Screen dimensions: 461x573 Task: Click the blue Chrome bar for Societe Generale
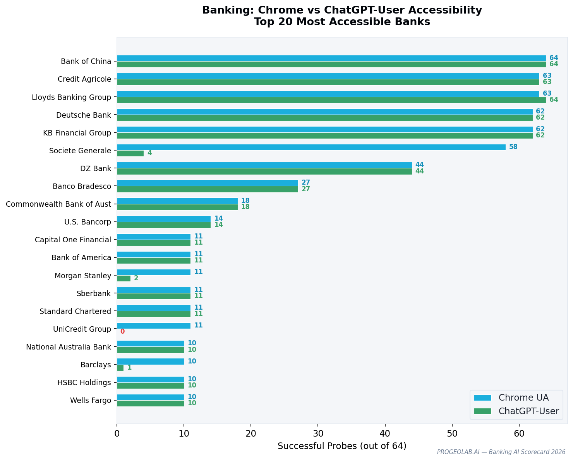[311, 147]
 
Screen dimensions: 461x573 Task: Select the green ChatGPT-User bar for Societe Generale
[130, 153]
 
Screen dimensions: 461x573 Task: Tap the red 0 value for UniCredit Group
[122, 332]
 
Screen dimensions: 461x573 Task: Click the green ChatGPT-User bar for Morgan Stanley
[124, 278]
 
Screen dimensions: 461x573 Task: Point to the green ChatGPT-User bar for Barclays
[120, 368]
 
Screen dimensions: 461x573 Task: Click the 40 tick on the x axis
[385, 434]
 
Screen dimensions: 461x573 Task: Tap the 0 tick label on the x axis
[117, 434]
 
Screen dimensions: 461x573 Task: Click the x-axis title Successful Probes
[342, 446]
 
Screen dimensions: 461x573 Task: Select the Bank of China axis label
[86, 61]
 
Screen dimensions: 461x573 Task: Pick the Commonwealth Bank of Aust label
[58, 204]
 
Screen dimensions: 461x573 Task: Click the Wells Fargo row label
[91, 400]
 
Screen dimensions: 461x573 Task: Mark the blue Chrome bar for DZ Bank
[264, 165]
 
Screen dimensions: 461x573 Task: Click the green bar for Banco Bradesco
[207, 189]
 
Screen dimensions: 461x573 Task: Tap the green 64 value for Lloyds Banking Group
[554, 100]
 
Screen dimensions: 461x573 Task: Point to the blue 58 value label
[513, 147]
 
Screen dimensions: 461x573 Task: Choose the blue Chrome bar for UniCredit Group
[154, 326]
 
